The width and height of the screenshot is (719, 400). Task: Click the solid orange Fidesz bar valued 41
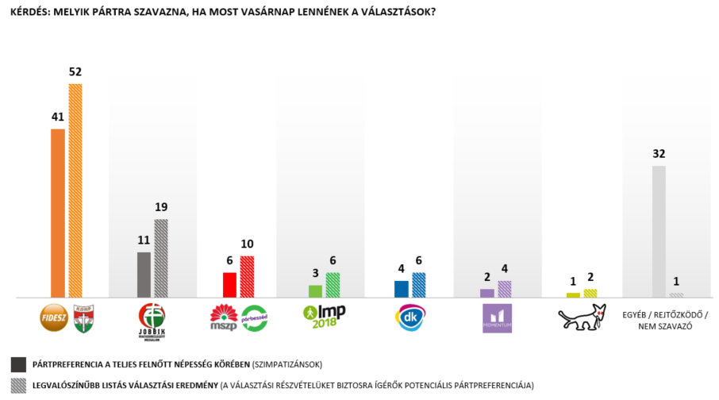coord(57,213)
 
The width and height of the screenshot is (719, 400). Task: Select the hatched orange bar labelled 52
coord(75,190)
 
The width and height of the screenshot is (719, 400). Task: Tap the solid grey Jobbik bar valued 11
coord(144,275)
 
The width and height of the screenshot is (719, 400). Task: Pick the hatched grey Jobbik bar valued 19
coord(161,258)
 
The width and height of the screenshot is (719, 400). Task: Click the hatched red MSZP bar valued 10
coord(247,276)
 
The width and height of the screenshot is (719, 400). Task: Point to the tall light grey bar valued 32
coord(659,231)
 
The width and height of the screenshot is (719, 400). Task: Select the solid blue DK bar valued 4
coord(402,289)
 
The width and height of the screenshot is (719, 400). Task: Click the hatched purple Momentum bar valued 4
coord(505,289)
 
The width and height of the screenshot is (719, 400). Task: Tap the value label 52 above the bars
coord(75,71)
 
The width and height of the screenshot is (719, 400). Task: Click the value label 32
coord(659,154)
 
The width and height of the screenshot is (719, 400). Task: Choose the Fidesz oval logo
coord(53,317)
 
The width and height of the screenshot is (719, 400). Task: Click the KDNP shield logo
coord(83,317)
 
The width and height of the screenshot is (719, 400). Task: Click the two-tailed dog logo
coord(582,317)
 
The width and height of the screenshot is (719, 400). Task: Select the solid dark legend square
coord(18,364)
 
